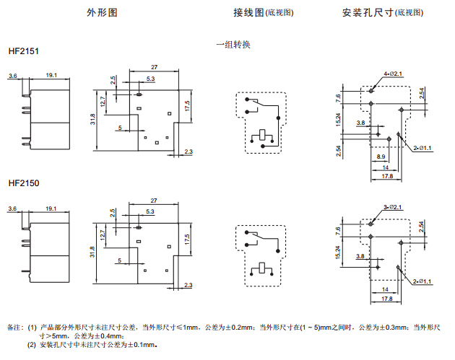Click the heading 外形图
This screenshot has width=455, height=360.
point(101,13)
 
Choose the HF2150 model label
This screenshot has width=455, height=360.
point(24,184)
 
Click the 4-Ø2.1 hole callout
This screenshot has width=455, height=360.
point(394,74)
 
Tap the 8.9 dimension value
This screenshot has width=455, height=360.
point(381,157)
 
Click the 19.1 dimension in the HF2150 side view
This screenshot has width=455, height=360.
point(51,208)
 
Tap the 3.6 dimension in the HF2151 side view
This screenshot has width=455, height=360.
point(12,75)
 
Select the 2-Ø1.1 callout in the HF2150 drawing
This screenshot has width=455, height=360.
point(422,281)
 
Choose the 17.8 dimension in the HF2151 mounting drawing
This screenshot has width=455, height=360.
point(387,176)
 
